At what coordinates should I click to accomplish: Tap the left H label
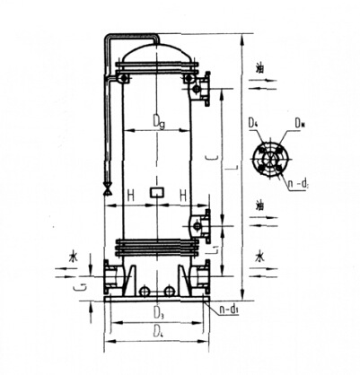point(131,193)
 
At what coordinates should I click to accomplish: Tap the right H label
point(182,193)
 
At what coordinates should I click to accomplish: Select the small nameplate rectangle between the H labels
point(157,191)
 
